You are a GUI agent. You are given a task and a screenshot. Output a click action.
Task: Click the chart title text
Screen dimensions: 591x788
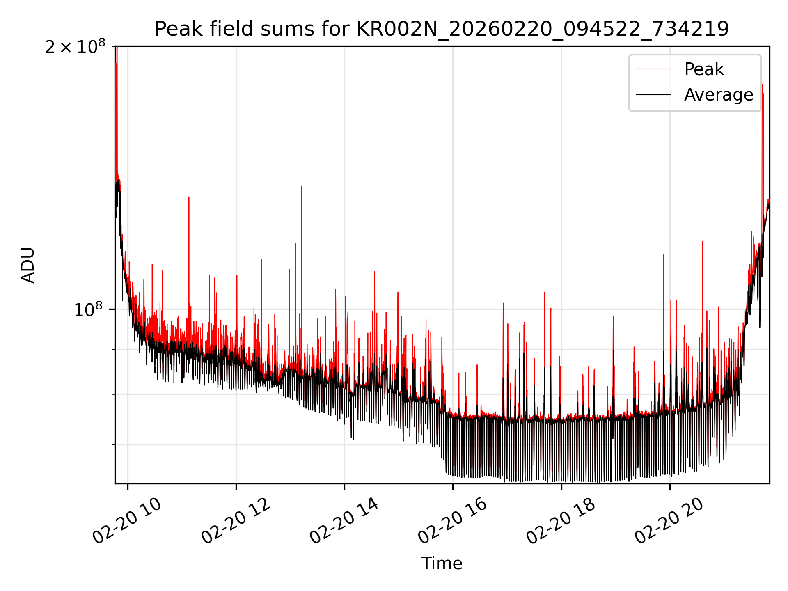(442, 29)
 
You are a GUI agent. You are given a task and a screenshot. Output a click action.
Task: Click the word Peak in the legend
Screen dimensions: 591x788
(703, 69)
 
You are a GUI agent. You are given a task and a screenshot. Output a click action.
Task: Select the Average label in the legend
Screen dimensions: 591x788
(718, 95)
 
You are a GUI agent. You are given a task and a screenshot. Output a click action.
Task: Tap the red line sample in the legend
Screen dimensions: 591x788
(653, 69)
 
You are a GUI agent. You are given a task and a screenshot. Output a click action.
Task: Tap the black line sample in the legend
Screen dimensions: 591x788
(653, 95)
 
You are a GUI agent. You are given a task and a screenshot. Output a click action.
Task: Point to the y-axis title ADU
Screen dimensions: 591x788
(28, 265)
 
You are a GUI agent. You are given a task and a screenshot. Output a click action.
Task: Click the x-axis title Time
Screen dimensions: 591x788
(442, 564)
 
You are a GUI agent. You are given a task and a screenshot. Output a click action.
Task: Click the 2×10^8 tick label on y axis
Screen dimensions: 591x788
(75, 47)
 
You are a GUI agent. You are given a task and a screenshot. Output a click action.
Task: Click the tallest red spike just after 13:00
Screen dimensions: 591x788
(302, 186)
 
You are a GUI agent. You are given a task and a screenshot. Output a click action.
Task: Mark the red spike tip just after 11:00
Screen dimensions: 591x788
(189, 197)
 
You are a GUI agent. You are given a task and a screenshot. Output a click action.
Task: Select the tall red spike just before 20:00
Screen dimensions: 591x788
(663, 256)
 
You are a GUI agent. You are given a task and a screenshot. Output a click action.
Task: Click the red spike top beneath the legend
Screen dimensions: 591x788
(762, 85)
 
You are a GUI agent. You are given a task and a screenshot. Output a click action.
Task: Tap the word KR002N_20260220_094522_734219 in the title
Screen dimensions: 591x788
(543, 29)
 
